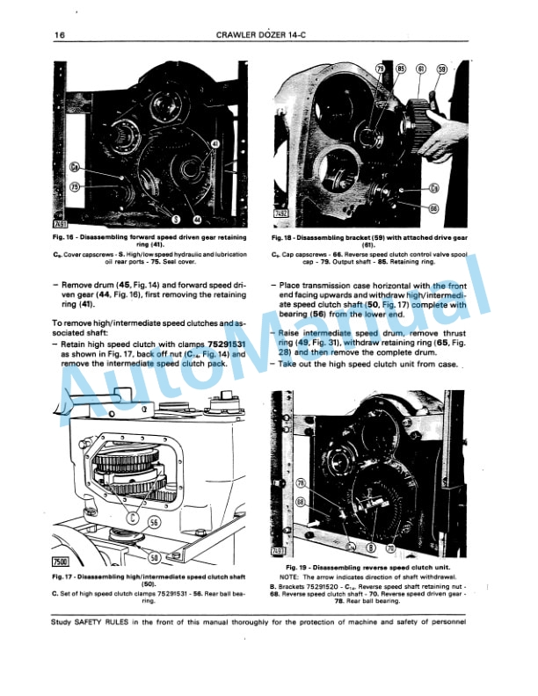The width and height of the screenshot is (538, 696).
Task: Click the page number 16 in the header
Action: click(59, 34)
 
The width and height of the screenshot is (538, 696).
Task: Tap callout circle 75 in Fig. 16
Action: click(76, 186)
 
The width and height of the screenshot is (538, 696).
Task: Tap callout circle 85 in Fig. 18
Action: click(401, 69)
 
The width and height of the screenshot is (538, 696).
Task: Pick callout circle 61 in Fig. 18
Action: click(421, 69)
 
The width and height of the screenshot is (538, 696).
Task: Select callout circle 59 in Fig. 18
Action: click(442, 69)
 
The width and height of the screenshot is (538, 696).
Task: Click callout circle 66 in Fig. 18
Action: click(433, 208)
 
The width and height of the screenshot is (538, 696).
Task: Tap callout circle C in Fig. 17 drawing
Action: click(133, 518)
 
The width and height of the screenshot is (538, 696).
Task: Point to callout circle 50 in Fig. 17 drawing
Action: click(154, 557)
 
